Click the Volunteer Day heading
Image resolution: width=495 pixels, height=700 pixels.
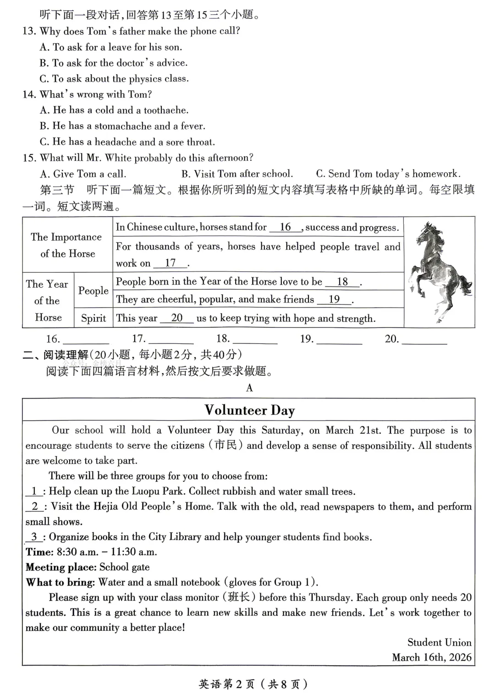pyautogui.click(x=249, y=410)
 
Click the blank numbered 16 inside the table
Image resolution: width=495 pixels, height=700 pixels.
pyautogui.click(x=285, y=227)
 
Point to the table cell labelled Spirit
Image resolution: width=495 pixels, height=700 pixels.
pyautogui.click(x=93, y=318)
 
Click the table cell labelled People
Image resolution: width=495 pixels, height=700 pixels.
pyautogui.click(x=93, y=291)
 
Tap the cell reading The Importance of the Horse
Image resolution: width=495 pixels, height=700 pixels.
pyautogui.click(x=67, y=245)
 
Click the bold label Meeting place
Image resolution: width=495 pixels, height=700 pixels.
pyautogui.click(x=60, y=567)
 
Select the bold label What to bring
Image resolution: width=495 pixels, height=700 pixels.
pyautogui.click(x=60, y=582)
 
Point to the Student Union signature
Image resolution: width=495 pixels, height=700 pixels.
pyautogui.click(x=439, y=642)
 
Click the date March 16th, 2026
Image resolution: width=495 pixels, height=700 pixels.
pyautogui.click(x=431, y=657)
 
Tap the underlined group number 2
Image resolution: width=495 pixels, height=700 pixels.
pyautogui.click(x=35, y=506)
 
